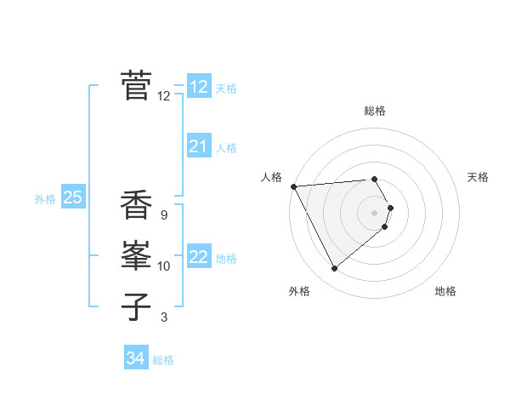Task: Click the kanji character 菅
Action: tap(137, 86)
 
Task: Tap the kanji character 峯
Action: tap(137, 255)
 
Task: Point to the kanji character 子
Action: tap(137, 306)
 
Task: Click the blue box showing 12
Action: tap(199, 87)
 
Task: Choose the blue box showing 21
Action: tap(199, 146)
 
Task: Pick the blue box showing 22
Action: tap(199, 257)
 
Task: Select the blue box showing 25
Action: tap(73, 197)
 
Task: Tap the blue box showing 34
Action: tap(136, 358)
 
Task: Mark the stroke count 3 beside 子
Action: tap(163, 317)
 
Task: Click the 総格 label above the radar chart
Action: tap(375, 111)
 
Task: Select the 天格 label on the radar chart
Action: tap(478, 177)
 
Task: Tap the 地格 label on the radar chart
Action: tap(445, 291)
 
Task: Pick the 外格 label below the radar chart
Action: tap(299, 291)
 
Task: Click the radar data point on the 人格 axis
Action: tap(293, 186)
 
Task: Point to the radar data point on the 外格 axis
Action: tap(334, 269)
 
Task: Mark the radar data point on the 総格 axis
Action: tap(375, 179)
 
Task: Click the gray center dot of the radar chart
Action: tap(375, 212)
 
